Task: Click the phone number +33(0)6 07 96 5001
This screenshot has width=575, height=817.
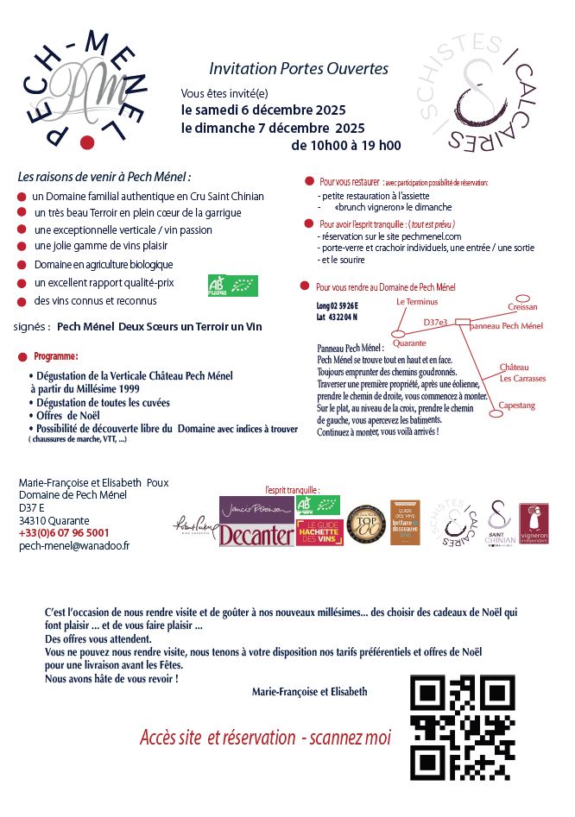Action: (64, 533)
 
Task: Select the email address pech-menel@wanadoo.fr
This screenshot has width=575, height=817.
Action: (74, 546)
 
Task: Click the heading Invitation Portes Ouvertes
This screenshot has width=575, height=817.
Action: (299, 68)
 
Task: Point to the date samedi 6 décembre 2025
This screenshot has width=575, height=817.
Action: (263, 110)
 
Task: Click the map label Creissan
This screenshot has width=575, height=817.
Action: (523, 306)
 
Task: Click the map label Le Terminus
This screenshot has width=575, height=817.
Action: (417, 302)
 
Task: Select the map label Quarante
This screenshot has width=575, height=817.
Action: (409, 343)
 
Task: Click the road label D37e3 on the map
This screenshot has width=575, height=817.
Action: (436, 322)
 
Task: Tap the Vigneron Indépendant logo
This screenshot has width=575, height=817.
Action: (534, 524)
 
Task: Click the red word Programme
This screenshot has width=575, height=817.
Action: (56, 355)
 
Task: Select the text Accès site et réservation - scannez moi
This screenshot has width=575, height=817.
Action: (265, 738)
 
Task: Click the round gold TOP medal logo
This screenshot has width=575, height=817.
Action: (364, 525)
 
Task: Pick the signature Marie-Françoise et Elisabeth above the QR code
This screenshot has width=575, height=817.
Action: (309, 691)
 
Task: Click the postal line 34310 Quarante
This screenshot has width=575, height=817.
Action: (54, 520)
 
